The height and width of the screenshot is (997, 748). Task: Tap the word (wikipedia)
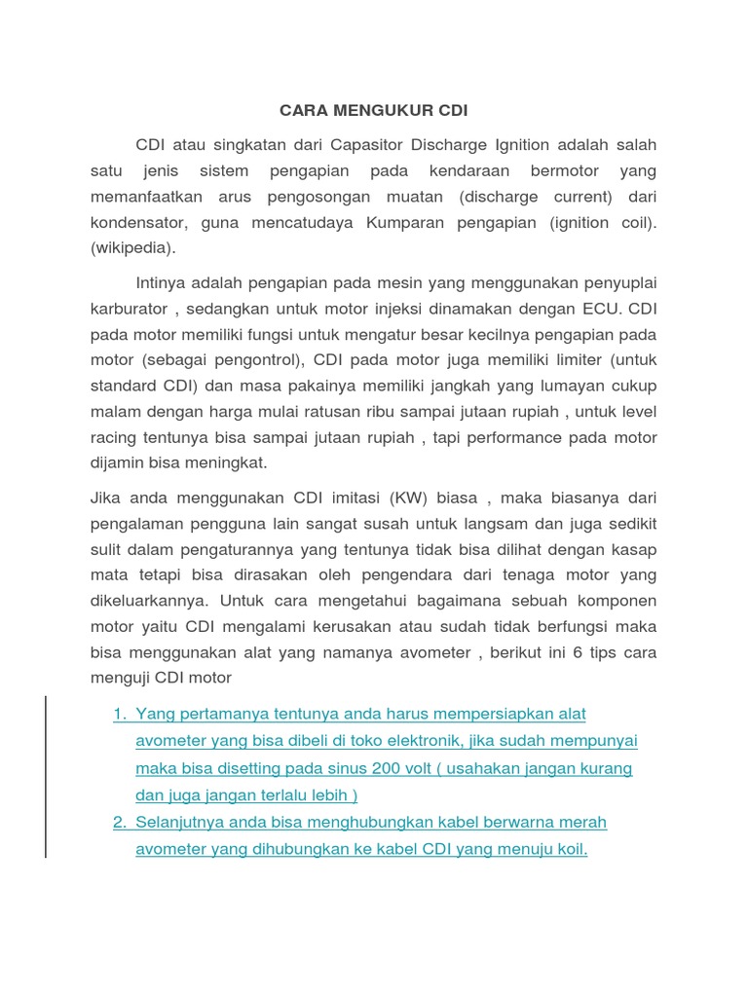(x=133, y=247)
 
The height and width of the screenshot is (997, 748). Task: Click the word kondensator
(x=138, y=222)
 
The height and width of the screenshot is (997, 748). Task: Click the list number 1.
(x=119, y=714)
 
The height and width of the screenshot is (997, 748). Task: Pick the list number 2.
(x=119, y=822)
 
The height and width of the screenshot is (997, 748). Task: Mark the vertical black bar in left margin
(x=46, y=776)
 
